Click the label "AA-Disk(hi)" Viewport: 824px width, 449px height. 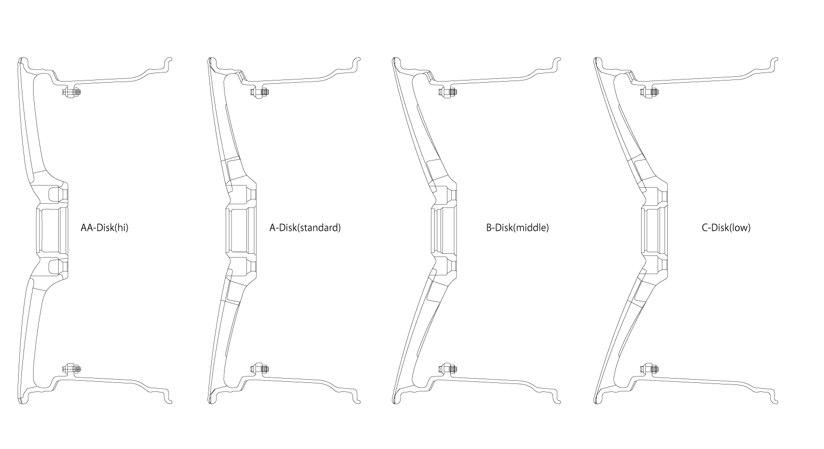tap(105, 228)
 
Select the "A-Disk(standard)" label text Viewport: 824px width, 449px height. tap(305, 228)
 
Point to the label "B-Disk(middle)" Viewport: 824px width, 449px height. tap(517, 228)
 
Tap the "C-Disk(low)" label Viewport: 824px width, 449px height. tap(726, 228)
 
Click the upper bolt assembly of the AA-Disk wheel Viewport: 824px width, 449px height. tap(71, 92)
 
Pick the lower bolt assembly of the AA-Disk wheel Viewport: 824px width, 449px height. tap(71, 368)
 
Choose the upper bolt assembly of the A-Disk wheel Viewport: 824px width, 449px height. tap(259, 92)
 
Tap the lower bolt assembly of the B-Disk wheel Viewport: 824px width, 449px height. tap(447, 368)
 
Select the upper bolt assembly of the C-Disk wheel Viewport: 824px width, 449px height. tap(649, 92)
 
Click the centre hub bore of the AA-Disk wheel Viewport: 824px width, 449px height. tap(52, 230)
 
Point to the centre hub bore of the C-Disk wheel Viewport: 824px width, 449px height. tap(654, 230)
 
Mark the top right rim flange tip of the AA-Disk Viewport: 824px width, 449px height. tap(170, 58)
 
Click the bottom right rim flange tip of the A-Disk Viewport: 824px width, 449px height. tap(358, 403)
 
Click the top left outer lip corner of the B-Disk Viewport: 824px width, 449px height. tap(394, 59)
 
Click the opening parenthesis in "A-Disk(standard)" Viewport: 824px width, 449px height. tap(298, 228)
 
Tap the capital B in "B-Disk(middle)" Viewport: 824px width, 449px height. tap(489, 228)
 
